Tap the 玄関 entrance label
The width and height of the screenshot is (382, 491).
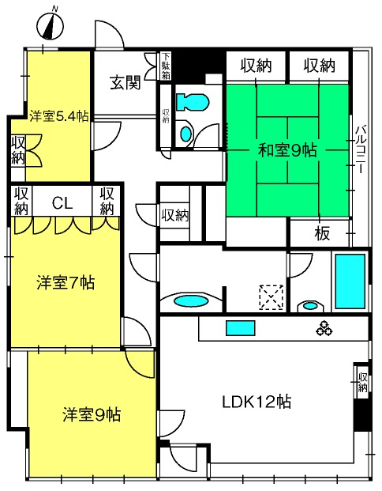click(125, 81)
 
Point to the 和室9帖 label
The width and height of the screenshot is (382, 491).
click(288, 149)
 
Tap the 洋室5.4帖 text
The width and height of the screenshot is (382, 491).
click(59, 115)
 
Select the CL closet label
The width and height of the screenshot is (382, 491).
click(62, 202)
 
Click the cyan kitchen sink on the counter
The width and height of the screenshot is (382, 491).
click(237, 328)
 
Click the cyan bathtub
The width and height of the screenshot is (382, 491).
click(350, 281)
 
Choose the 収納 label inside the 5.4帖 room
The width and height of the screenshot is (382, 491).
click(18, 149)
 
